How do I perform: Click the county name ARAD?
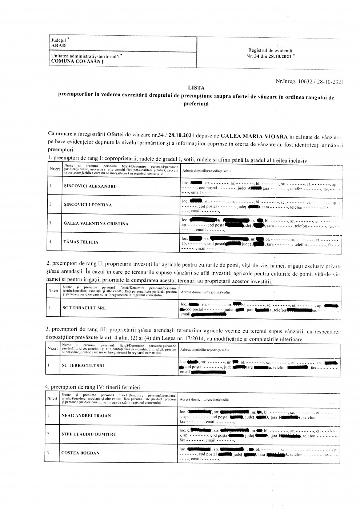pos(59,45)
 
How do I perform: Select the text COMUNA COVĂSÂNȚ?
pos(77,61)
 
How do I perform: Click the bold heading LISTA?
pos(196,88)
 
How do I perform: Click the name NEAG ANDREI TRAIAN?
pos(86,416)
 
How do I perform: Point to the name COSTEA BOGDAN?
pos(80,453)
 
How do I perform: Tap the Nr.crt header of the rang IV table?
pos(52,399)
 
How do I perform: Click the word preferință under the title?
pos(196,103)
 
